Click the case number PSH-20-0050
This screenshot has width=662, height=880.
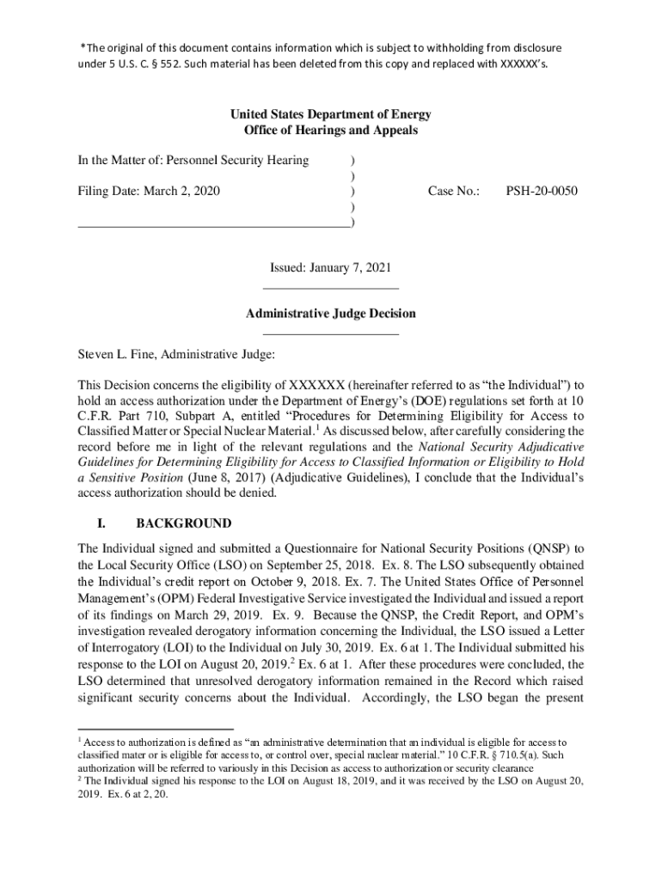pos(541,191)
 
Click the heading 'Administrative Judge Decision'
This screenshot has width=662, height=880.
pos(330,314)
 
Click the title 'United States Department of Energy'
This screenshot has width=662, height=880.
pos(330,114)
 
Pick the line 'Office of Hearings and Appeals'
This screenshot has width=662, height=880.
pos(330,131)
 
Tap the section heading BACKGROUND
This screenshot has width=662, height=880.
pos(184,523)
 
